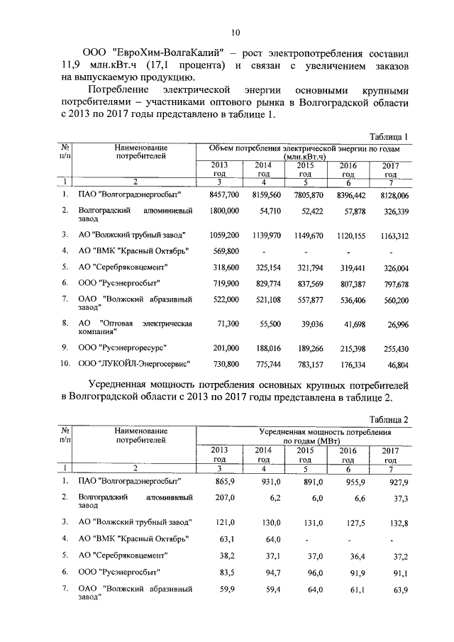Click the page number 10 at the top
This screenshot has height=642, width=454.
[236, 32]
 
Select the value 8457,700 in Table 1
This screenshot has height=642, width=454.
[225, 194]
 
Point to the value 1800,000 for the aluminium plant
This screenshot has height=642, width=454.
[225, 211]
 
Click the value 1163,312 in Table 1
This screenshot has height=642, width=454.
[392, 234]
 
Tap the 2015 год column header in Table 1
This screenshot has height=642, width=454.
[305, 169]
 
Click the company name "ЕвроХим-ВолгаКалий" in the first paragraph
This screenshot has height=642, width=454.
[170, 53]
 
